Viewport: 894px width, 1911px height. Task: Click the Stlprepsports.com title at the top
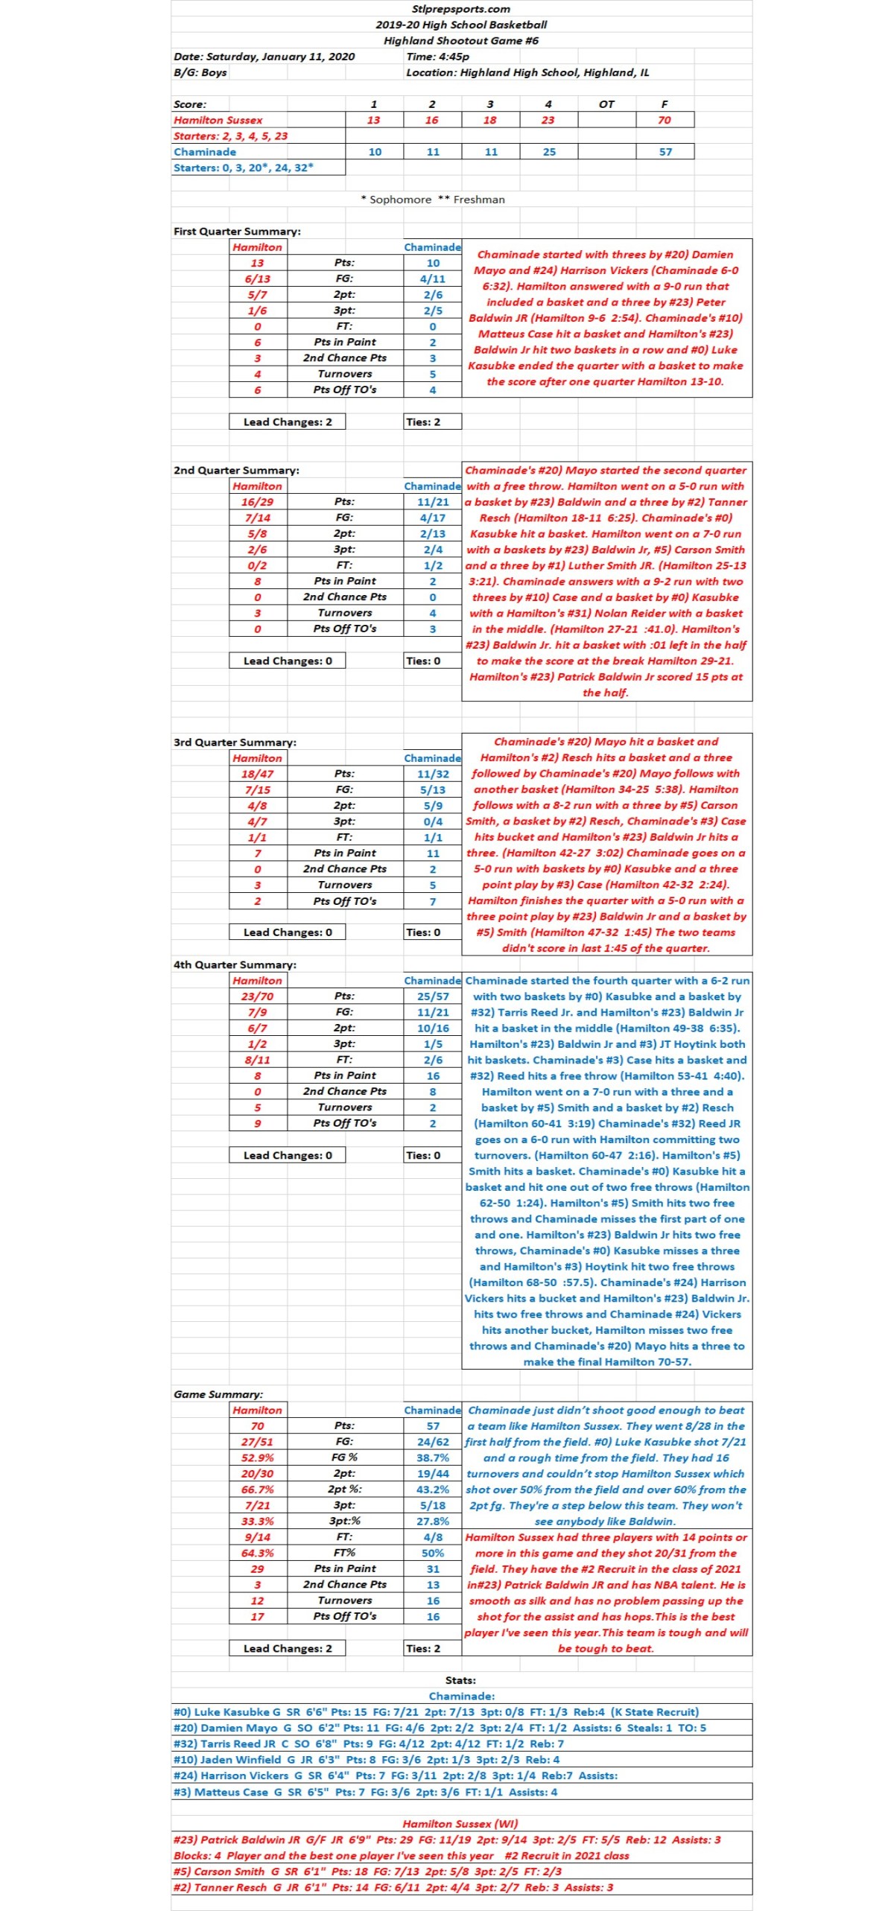click(460, 9)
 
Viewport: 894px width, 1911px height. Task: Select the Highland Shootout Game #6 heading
click(460, 41)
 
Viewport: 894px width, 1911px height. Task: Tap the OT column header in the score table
click(606, 104)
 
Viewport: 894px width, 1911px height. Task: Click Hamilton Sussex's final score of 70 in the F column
click(665, 120)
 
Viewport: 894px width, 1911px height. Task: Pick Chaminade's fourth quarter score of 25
click(549, 152)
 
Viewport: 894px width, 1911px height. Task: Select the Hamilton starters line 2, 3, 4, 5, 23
click(230, 136)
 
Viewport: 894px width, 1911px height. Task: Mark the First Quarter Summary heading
click(237, 232)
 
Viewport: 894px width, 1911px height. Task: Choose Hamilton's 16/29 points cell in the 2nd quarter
click(257, 502)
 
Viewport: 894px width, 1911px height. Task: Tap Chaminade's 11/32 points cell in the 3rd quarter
click(433, 774)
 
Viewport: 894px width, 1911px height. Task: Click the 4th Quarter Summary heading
click(235, 964)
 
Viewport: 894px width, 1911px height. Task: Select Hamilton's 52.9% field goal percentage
click(257, 1457)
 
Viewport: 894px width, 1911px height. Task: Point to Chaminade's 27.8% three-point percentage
click(433, 1522)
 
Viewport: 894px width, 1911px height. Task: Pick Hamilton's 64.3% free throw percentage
click(257, 1553)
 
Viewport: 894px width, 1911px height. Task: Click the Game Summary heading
click(218, 1394)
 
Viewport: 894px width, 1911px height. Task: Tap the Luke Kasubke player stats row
click(436, 1712)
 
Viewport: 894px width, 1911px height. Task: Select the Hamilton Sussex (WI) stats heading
click(460, 1824)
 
